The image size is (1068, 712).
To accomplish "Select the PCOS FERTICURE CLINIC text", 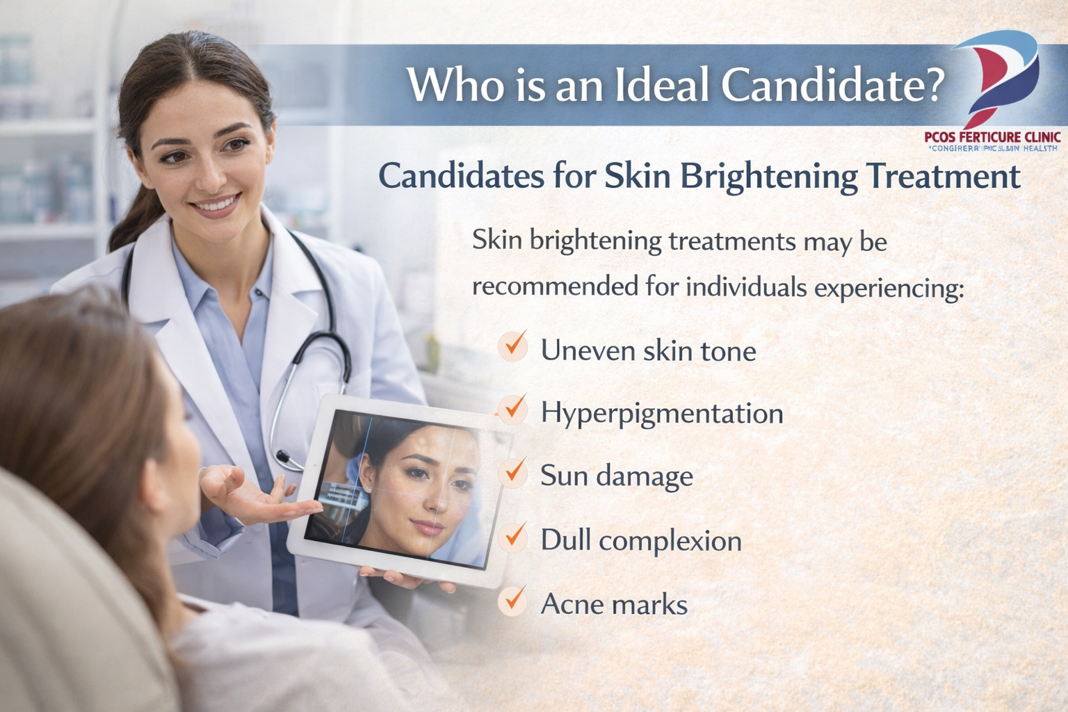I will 992,137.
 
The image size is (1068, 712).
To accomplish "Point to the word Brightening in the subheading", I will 768,176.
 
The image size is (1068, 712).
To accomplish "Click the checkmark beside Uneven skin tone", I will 514,345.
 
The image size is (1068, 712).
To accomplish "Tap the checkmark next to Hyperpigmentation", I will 514,409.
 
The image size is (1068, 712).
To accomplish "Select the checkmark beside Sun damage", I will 514,471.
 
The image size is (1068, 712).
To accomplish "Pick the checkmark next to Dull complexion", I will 514,536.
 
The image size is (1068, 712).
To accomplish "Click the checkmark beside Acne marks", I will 514,599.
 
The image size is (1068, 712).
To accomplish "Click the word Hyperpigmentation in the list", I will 662,414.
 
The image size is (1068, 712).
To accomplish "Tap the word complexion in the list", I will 670,541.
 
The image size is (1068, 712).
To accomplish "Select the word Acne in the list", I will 572,604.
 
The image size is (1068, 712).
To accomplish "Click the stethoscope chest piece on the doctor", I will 284,458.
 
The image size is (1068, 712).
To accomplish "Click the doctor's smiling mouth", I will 216,204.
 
